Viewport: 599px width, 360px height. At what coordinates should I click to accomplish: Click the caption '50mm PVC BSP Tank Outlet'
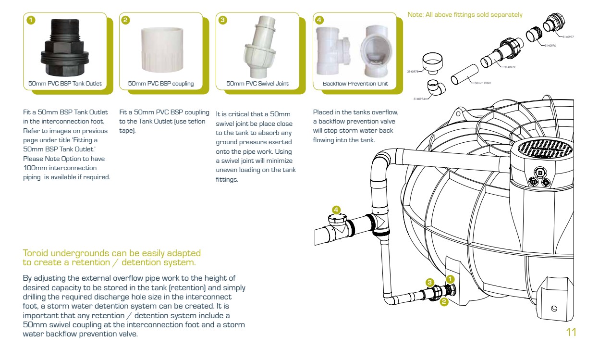65,84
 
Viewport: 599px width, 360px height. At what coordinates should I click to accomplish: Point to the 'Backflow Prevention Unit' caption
355,84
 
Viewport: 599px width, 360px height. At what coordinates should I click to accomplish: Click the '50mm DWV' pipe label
482,83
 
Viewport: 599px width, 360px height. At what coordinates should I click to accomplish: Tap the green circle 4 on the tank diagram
336,210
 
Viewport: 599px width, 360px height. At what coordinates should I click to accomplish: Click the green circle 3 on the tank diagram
430,282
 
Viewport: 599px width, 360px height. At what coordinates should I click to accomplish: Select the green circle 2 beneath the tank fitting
444,302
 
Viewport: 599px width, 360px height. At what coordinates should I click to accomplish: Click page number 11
571,333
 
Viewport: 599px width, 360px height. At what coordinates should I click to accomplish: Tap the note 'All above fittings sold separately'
465,15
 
